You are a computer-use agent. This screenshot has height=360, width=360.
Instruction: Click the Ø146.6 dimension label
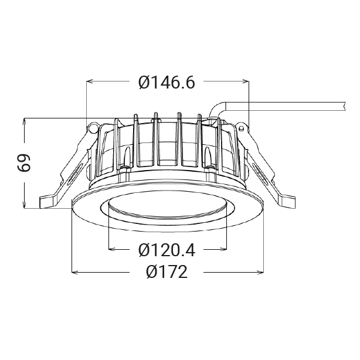tap(167, 83)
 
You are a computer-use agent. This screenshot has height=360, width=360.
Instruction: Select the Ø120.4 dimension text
tap(167, 250)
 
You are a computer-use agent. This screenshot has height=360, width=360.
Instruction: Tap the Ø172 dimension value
tap(167, 272)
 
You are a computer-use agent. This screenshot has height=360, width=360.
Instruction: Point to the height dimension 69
tap(24, 163)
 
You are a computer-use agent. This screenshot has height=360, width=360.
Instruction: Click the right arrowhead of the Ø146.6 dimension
tap(246, 81)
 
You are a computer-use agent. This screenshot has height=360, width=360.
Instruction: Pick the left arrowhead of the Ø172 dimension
tap(75, 272)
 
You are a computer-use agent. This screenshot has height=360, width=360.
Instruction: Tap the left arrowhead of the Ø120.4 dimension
tap(111, 249)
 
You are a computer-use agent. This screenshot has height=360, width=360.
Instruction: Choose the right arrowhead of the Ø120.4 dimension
tap(223, 249)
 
